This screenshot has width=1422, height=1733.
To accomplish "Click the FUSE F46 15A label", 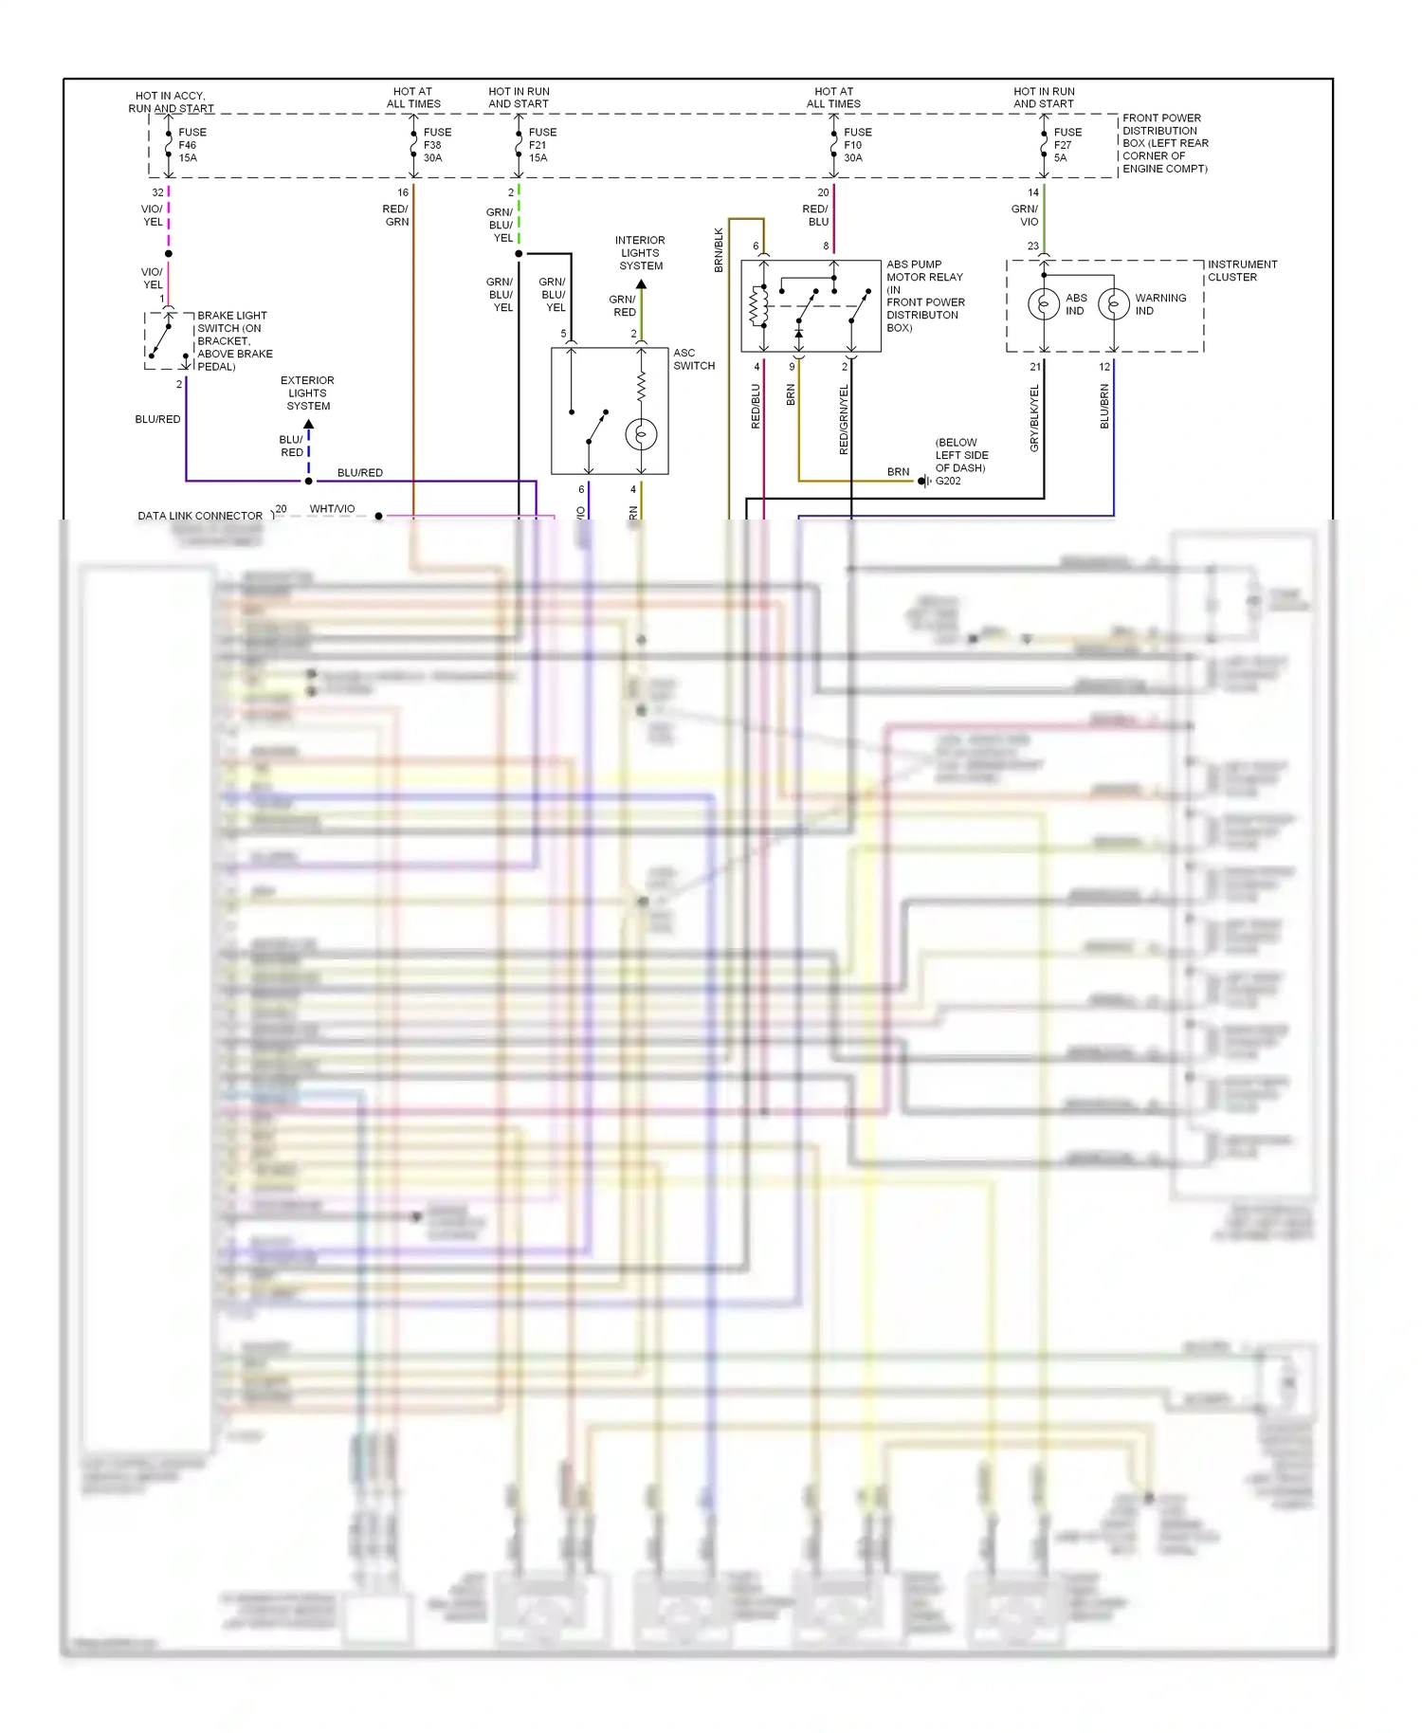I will pos(191,145).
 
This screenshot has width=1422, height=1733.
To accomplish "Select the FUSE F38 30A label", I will pos(437,145).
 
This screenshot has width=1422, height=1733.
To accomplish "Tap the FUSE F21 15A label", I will pos(542,145).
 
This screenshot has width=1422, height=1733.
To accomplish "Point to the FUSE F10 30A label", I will pos(857,145).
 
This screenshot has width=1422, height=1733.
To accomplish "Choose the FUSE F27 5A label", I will pos(1067,145).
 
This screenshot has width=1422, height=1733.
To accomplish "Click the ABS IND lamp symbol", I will pos(1044,304).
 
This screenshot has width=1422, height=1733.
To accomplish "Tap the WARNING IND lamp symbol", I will pos(1114,304).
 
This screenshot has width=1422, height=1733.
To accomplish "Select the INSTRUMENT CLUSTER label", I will pos(1242,271).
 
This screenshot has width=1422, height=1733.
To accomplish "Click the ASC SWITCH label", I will pos(694,359).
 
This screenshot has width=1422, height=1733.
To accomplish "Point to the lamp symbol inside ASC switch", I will pos(641,435).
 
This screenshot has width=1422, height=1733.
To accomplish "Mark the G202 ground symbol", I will pos(923,482).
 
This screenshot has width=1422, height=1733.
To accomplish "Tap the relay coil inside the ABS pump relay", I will pos(759,305).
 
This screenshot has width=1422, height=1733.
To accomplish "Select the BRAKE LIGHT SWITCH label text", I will pos(234,341).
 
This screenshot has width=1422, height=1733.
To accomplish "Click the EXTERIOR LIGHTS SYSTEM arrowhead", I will pos(308,424).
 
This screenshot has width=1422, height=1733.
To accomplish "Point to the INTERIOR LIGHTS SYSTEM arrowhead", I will pos(641,283).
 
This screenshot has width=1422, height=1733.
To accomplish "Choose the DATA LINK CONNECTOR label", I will pos(200,517).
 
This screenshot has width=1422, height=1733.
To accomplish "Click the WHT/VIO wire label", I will pos(332,509).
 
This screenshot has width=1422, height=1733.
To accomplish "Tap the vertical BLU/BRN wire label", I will pos(1104,406).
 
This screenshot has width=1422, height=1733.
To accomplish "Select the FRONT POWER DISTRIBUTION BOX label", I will pos(1165,143).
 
